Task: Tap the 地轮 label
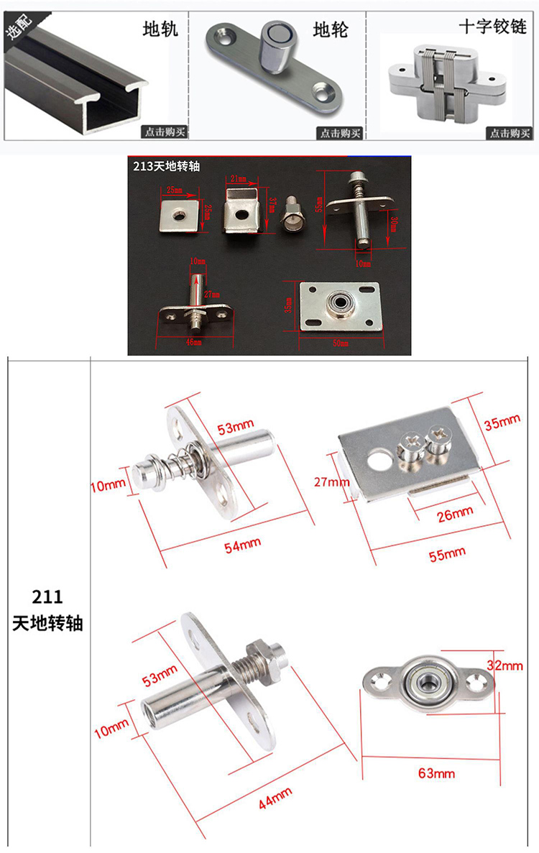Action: [331, 29]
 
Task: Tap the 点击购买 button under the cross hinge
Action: [510, 133]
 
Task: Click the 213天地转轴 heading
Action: [167, 165]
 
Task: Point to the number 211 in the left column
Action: [47, 596]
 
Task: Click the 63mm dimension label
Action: [436, 773]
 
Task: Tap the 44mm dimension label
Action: [275, 798]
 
